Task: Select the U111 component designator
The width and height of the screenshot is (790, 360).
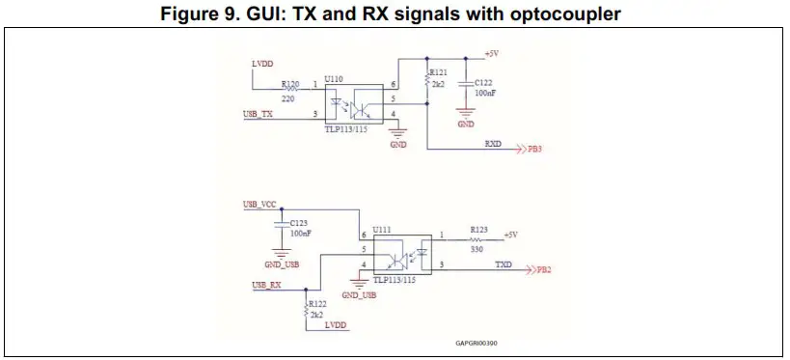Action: (383, 229)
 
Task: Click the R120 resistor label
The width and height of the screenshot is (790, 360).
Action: (289, 85)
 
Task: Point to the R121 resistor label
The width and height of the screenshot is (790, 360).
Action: (439, 72)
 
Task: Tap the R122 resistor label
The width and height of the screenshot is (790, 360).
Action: (318, 304)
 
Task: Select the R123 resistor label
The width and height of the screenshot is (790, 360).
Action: (479, 229)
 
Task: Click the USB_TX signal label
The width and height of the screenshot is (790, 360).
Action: (258, 114)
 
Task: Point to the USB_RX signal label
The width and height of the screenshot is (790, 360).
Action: (266, 285)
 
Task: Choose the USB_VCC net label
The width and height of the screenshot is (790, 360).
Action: (260, 205)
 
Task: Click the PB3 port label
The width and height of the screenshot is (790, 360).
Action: (534, 151)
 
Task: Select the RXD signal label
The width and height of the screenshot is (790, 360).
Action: (493, 143)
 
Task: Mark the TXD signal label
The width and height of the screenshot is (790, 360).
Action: (504, 263)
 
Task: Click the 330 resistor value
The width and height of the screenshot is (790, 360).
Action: (477, 249)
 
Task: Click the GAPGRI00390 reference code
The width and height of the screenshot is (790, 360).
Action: (477, 342)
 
